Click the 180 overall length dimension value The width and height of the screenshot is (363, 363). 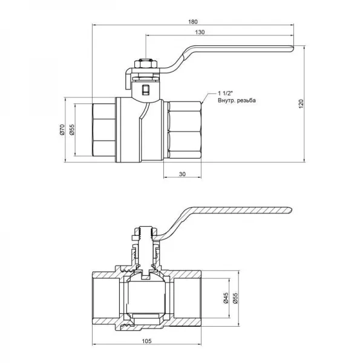[193, 22]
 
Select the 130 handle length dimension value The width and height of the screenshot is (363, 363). [200, 32]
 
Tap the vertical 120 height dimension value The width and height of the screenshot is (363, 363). [301, 104]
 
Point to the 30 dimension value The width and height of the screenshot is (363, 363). [182, 174]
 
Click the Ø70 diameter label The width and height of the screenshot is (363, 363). [62, 129]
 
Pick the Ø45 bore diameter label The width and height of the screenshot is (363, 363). [226, 298]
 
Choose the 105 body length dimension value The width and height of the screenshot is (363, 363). [146, 341]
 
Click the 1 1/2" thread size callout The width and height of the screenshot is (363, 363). [225, 93]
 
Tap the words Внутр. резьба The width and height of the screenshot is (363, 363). [237, 100]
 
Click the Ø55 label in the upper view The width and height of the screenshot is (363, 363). [72, 129]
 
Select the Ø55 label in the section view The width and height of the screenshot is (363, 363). [235, 298]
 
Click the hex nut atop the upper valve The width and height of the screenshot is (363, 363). [146, 64]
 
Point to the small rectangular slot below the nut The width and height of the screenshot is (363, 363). [146, 90]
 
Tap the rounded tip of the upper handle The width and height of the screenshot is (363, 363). [292, 48]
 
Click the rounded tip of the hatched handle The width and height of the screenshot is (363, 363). [290, 210]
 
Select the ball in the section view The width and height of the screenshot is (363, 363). [146, 295]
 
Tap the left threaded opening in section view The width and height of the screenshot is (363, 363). [106, 298]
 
